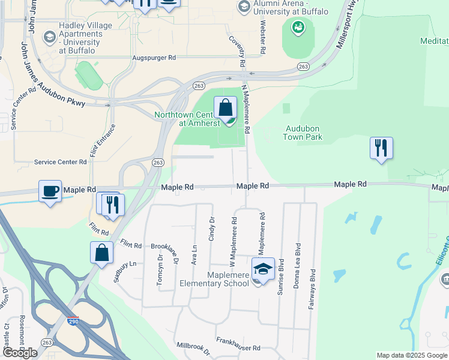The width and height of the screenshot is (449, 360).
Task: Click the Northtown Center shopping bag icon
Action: coord(225,109)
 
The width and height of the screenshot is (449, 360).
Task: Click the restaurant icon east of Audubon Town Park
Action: coord(381,148)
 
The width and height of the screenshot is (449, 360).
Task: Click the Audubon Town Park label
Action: coord(303,133)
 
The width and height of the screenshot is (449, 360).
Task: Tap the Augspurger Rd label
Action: coord(154,58)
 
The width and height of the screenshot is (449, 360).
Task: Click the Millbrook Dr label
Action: coord(193,347)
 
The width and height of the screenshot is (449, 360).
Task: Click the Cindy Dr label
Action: coord(211,230)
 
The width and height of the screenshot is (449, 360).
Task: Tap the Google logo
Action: coord(20,353)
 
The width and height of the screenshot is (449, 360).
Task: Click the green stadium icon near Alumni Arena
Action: coord(298,27)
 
